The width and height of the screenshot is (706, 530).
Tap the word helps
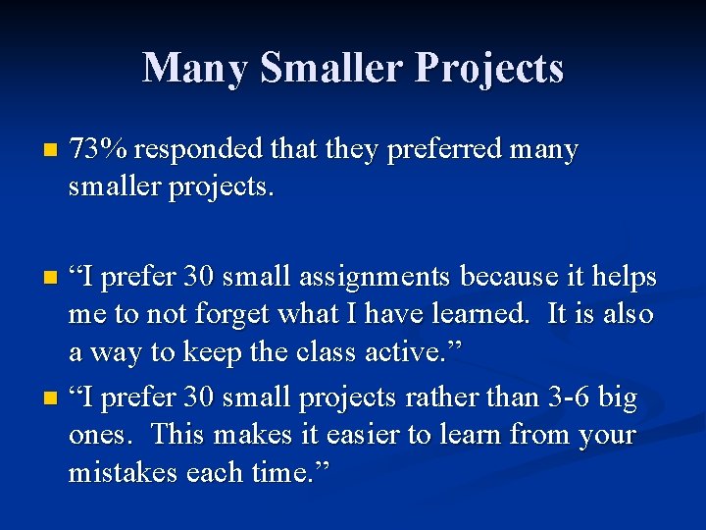pyautogui.click(x=624, y=279)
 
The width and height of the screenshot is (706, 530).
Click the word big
pyautogui.click(x=618, y=397)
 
